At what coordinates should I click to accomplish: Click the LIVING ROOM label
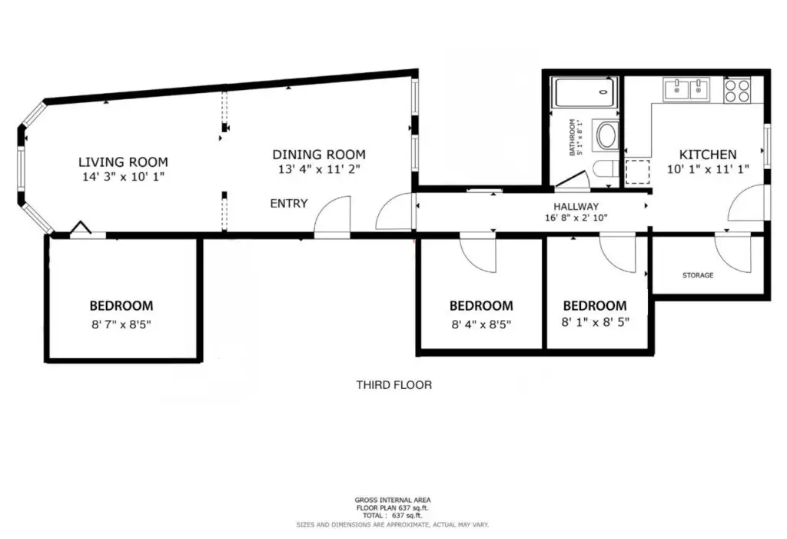click(x=123, y=161)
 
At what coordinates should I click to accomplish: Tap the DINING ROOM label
click(x=319, y=155)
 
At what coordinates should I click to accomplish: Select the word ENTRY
click(x=289, y=204)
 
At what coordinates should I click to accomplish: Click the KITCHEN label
click(x=708, y=155)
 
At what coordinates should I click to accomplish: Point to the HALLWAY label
click(x=576, y=207)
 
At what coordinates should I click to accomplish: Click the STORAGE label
click(x=698, y=275)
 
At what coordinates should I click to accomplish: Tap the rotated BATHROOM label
click(x=572, y=137)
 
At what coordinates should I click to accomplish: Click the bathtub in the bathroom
click(x=584, y=92)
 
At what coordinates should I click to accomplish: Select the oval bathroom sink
click(x=606, y=135)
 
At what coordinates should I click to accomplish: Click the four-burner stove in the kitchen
click(x=737, y=91)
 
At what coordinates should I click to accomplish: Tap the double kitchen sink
click(x=686, y=90)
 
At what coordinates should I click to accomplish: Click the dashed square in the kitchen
click(x=637, y=171)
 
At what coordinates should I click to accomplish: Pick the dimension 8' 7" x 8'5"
click(x=121, y=324)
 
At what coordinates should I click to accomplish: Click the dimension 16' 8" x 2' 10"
click(x=576, y=218)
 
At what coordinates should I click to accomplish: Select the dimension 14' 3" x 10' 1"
click(x=124, y=177)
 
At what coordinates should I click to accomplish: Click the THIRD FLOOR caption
click(x=394, y=385)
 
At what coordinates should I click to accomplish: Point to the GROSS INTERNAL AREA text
click(x=393, y=500)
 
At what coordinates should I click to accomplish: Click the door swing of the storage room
click(x=733, y=253)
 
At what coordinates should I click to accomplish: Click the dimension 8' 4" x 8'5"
click(x=481, y=324)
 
